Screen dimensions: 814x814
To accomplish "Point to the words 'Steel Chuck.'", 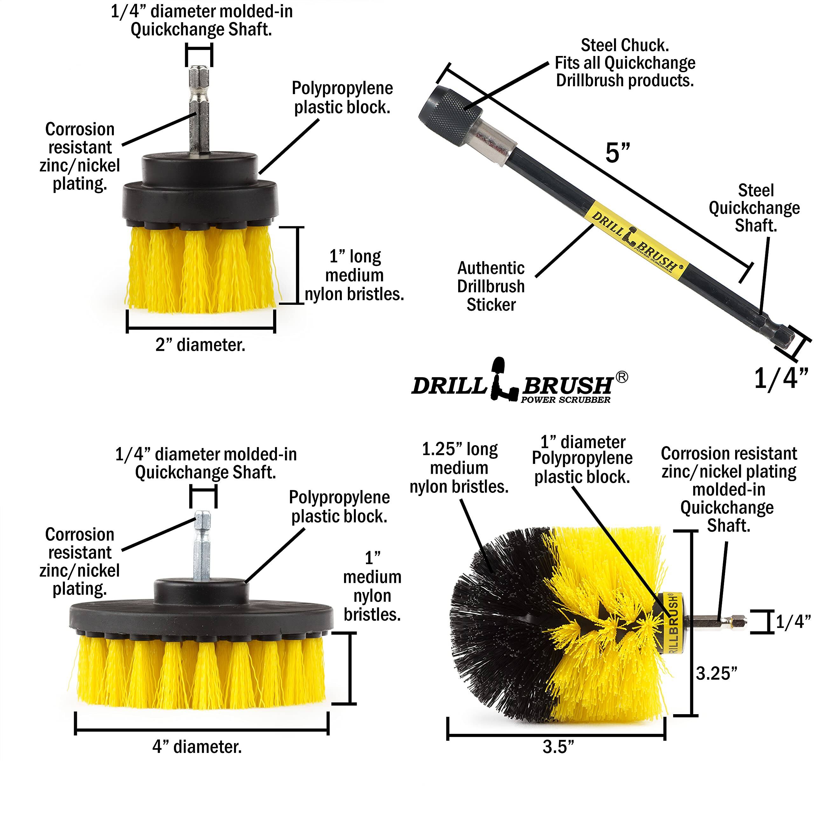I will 624,45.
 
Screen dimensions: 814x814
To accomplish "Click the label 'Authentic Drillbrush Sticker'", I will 491,286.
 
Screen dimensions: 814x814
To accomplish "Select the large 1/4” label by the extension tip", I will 780,378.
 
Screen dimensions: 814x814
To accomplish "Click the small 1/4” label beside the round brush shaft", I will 793,622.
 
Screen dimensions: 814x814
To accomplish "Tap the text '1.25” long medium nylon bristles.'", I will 459,468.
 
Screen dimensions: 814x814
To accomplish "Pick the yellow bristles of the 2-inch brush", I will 202,270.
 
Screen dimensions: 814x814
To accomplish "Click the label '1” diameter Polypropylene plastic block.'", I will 582,460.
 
